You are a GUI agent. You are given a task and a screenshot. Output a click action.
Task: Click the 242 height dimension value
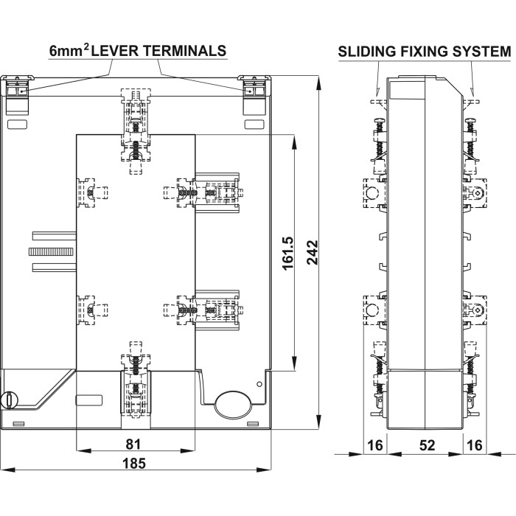(x=312, y=254)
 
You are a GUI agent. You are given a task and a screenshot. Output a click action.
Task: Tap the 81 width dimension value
(x=134, y=444)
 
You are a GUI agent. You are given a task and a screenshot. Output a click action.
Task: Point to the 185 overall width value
(x=134, y=464)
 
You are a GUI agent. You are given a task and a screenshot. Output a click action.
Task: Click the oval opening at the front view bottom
(x=233, y=404)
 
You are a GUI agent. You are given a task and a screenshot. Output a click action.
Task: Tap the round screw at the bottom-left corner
(x=10, y=400)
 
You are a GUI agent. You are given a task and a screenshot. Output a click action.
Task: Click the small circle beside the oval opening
(x=259, y=384)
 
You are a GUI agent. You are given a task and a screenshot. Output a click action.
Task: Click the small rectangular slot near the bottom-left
(x=88, y=400)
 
